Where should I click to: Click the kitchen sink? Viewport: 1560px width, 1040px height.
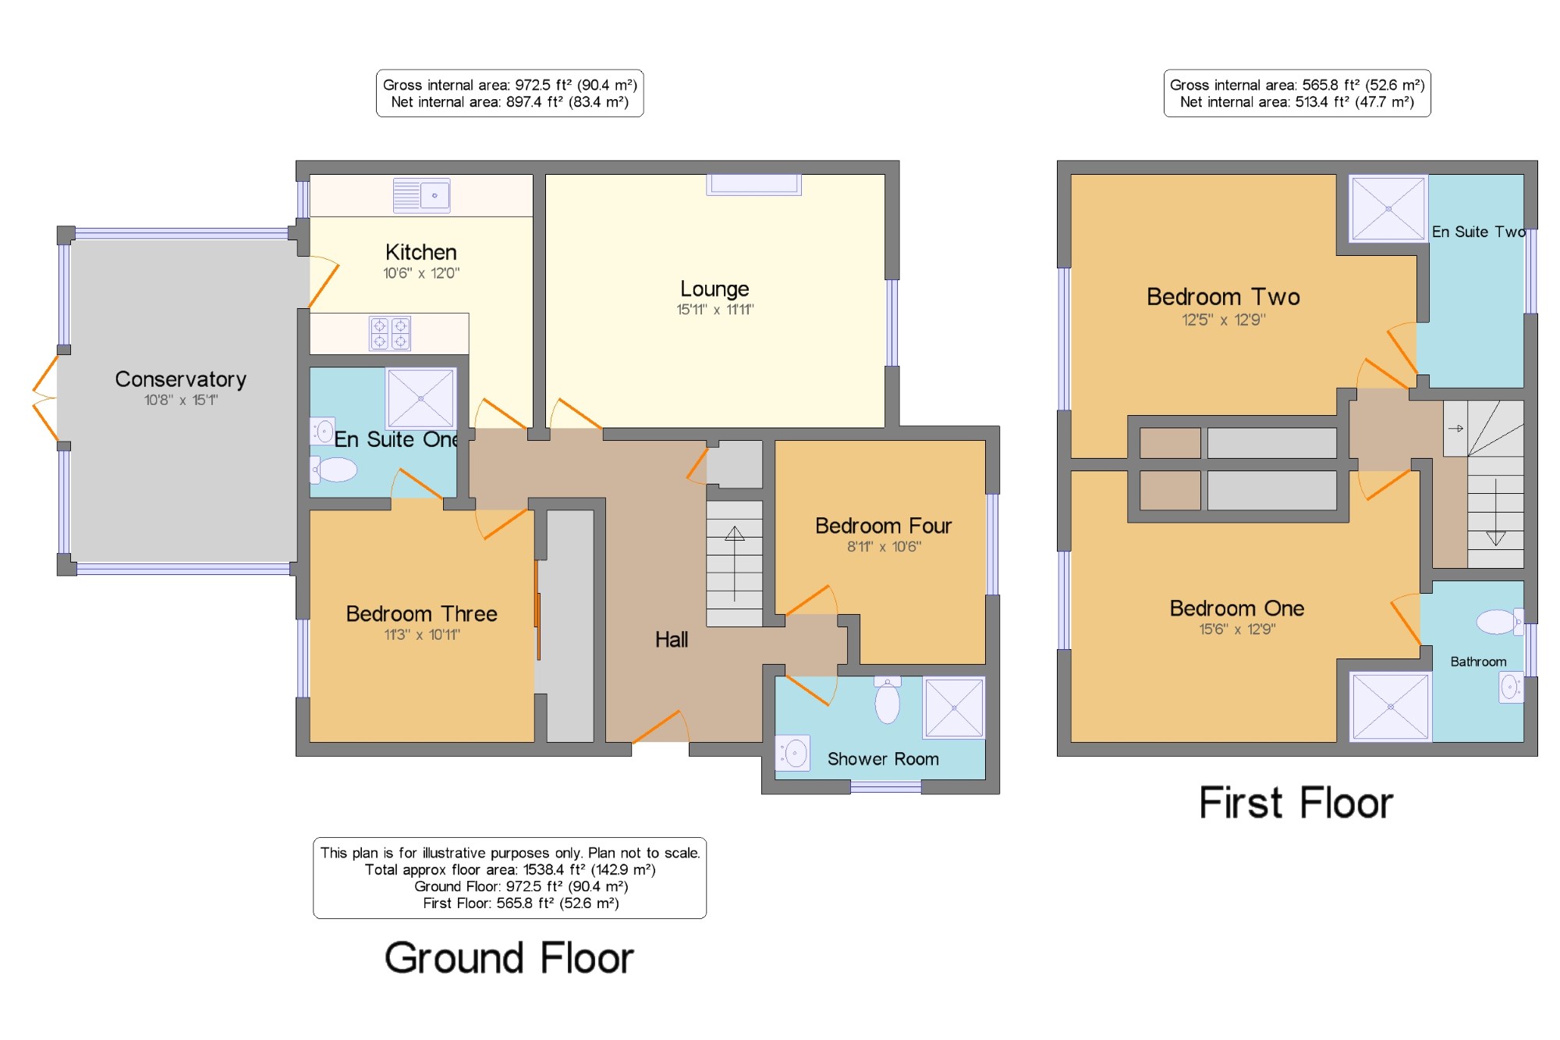point(421,195)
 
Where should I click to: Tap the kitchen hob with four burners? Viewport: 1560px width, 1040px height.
point(390,334)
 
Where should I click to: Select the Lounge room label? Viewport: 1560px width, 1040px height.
point(714,289)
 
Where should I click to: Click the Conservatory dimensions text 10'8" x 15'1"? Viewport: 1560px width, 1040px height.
point(181,400)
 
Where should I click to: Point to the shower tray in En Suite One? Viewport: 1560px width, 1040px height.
point(420,398)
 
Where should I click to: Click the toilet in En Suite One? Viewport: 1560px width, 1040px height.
point(334,470)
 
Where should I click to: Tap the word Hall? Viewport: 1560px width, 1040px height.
point(672,640)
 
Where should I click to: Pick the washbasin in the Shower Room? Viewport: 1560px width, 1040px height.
point(793,753)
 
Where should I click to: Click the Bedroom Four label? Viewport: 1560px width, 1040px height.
point(883,526)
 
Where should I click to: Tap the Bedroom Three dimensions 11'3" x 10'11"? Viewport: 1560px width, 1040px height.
point(422,635)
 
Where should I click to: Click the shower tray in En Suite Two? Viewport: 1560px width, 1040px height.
point(1388,209)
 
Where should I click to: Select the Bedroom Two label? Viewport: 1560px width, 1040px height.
point(1223,296)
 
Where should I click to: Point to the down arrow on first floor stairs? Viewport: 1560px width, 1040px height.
point(1495,512)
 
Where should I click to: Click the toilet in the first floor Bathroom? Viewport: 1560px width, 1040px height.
point(1499,622)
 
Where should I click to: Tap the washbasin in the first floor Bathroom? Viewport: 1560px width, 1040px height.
point(1511,687)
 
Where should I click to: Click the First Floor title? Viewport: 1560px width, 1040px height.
point(1296,803)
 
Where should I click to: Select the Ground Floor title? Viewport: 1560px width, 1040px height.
point(509,958)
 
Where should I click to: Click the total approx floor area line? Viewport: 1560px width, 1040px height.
point(510,870)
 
